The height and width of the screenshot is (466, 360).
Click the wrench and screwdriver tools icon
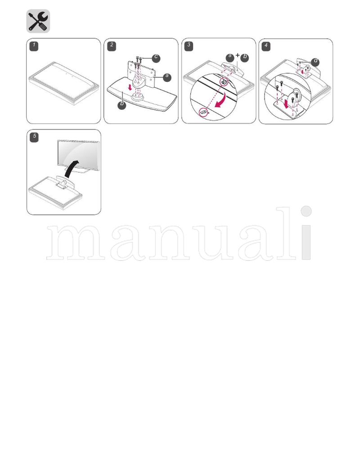[38, 21]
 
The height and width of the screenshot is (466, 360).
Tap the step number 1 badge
[34, 45]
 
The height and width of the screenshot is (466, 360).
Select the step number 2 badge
[112, 45]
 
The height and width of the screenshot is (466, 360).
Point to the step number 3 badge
[189, 45]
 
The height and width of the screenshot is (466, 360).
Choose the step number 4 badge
[266, 45]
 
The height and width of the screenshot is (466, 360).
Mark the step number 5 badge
[34, 137]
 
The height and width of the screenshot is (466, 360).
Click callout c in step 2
[156, 57]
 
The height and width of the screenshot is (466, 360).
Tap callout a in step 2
[167, 77]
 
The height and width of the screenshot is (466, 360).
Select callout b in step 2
[122, 105]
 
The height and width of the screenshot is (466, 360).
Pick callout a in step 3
[230, 57]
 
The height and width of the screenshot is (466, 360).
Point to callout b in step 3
[244, 57]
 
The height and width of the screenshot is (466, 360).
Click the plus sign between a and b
[237, 56]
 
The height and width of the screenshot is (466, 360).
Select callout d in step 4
[315, 61]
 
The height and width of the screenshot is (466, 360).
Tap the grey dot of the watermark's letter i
[306, 211]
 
